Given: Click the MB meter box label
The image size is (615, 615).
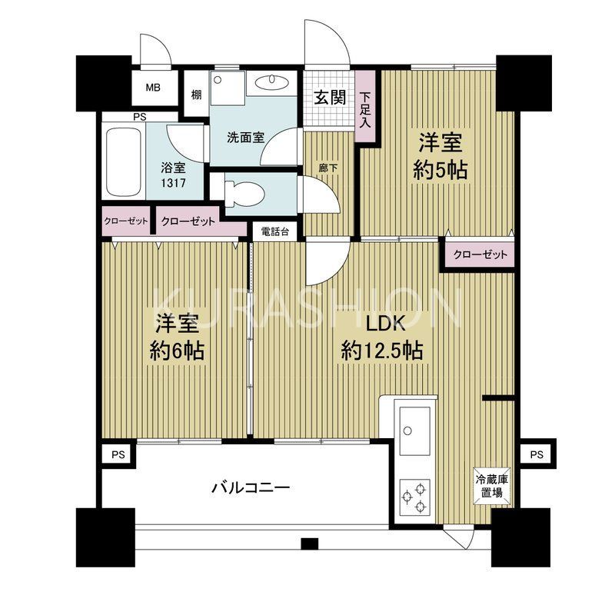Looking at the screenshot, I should click(x=153, y=88).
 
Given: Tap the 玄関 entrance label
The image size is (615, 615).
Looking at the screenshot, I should click(x=329, y=98).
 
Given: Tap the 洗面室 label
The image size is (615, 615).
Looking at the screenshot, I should click(x=245, y=138).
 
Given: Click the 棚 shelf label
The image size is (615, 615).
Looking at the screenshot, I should click(x=197, y=96).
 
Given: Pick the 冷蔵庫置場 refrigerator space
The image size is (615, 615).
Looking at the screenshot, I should click(x=490, y=485).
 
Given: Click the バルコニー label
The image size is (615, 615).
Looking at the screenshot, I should click(x=250, y=487).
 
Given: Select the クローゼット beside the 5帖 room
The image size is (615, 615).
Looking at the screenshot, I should click(x=480, y=255).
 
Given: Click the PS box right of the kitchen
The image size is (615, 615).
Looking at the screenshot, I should click(x=536, y=454).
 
